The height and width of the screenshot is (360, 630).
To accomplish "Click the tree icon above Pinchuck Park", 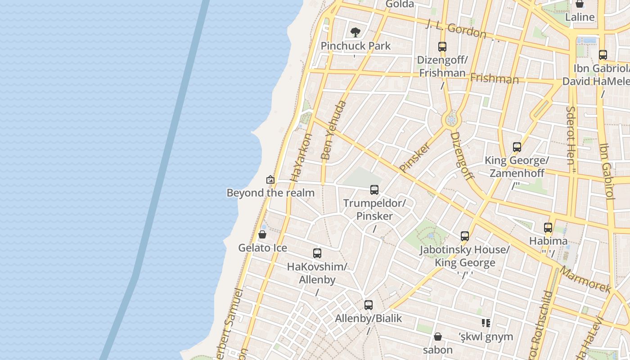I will [355, 32].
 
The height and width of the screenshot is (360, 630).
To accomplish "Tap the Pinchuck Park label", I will [355, 46].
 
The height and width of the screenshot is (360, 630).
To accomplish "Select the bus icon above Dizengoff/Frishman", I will [442, 46].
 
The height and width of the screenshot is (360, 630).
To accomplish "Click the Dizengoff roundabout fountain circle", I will [451, 120].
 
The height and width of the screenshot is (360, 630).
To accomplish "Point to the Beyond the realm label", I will [270, 193].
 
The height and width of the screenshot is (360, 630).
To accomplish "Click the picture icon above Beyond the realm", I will [270, 180].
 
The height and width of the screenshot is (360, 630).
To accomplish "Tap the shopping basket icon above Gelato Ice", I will [262, 234].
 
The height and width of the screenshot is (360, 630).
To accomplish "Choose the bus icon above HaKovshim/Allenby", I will [317, 253].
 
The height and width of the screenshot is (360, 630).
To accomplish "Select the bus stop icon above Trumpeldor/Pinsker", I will [374, 190].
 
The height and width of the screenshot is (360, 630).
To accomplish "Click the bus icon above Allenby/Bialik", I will [369, 305].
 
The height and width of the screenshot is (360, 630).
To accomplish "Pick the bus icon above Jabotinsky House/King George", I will [465, 236].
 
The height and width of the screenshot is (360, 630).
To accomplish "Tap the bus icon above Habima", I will [548, 228].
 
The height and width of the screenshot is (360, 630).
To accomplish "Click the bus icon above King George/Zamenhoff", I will [517, 147].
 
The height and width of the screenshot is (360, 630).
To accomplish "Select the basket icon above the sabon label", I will [438, 337].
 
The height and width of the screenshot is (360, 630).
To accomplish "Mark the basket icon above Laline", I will [580, 4].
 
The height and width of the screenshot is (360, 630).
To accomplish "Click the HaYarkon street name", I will [301, 157].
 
